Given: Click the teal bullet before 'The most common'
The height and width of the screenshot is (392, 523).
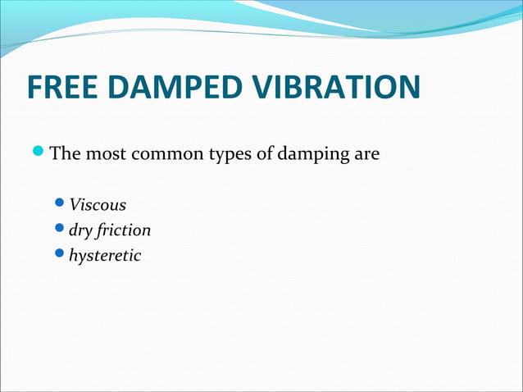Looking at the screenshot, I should coord(39,153).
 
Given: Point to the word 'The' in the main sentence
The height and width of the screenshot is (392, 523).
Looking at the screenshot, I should coord(65,153).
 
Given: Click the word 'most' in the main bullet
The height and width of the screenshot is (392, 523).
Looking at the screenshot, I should coord(103,153).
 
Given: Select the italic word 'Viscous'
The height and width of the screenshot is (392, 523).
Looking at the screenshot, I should coord(98,204).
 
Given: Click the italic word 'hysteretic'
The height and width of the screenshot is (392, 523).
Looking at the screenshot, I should coord(105,257).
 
